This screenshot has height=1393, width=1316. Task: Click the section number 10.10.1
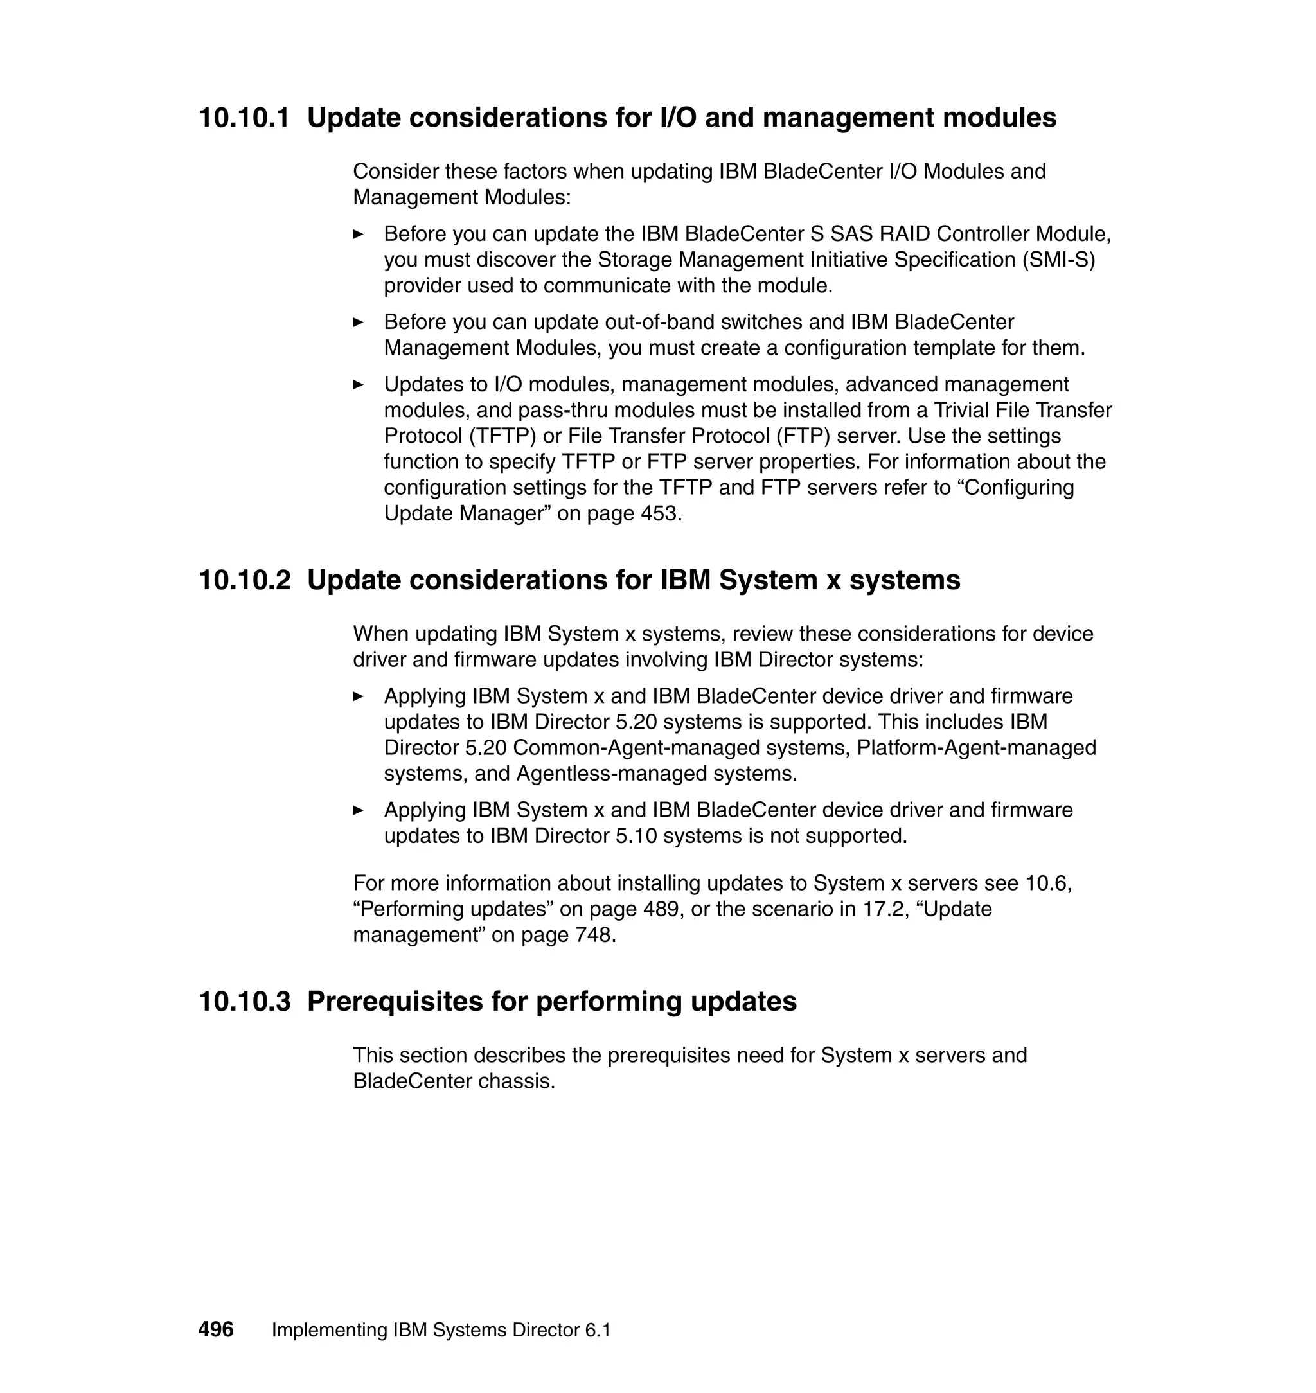(x=244, y=118)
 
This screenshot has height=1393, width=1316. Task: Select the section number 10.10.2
(x=244, y=580)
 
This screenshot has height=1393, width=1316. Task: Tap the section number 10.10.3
(x=244, y=1001)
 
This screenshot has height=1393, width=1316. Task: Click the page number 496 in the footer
(x=216, y=1329)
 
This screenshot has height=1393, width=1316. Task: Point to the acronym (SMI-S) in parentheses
(x=1058, y=260)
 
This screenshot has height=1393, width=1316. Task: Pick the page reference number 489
(x=660, y=909)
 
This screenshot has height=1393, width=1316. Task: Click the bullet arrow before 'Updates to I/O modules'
(x=359, y=384)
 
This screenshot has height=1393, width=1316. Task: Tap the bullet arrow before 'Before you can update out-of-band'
(x=359, y=322)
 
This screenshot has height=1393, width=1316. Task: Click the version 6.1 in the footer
(x=596, y=1330)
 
